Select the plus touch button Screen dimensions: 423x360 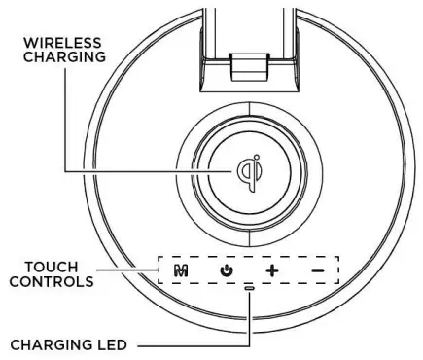pos(274,269)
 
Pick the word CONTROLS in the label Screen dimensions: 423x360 pos(55,281)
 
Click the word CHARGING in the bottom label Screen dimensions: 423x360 pos(55,343)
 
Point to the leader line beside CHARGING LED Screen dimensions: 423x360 pos(194,343)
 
